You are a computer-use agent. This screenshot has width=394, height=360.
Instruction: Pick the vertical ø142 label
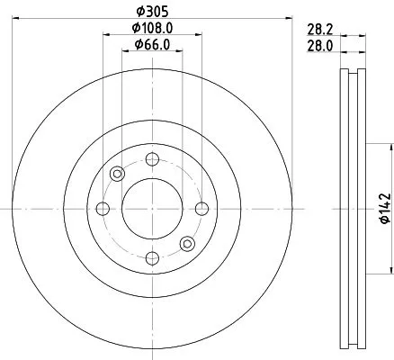383,209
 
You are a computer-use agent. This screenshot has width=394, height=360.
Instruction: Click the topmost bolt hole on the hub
152,159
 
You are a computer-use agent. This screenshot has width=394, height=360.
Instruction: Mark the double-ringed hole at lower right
187,244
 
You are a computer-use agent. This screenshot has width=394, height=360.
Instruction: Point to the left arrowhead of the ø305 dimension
20,17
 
